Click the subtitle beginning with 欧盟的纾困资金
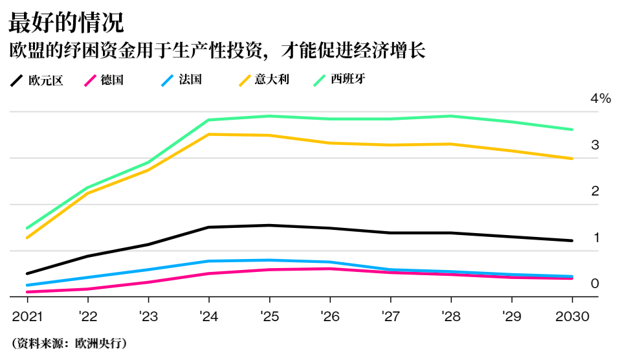click(217, 51)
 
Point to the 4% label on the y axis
click(600, 99)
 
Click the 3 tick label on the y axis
click(595, 145)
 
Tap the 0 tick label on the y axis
click(595, 284)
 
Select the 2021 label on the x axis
click(28, 317)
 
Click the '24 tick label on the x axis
click(208, 317)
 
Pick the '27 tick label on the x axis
click(390, 317)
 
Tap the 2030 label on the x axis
click(572, 317)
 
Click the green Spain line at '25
click(269, 116)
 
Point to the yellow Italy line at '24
click(208, 134)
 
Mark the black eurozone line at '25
click(269, 225)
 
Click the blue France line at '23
click(148, 269)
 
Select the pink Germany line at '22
click(88, 289)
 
